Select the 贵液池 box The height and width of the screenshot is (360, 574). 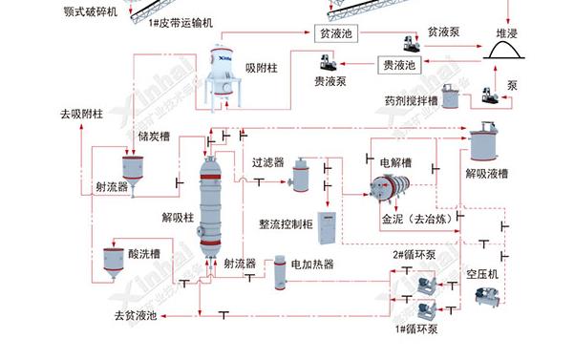click(x=399, y=65)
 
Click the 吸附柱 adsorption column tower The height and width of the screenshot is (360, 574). click(x=226, y=67)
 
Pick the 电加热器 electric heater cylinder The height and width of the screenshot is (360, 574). click(x=280, y=274)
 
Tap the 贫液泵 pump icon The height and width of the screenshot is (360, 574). click(x=413, y=44)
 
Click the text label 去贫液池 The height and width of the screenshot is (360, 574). click(x=135, y=315)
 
